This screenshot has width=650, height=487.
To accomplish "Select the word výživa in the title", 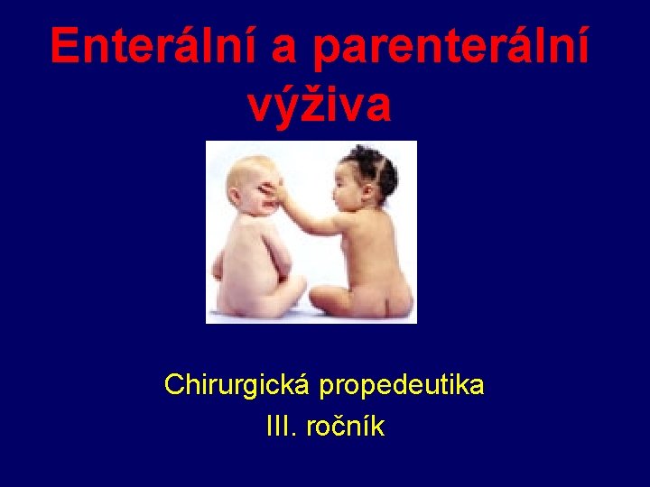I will [x=319, y=105].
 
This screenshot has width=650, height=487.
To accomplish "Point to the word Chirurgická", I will [x=237, y=386].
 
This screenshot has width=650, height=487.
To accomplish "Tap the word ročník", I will [x=346, y=426].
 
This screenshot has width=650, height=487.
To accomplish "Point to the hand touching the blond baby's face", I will [x=280, y=192].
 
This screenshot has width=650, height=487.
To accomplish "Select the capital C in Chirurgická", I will [x=173, y=386].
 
